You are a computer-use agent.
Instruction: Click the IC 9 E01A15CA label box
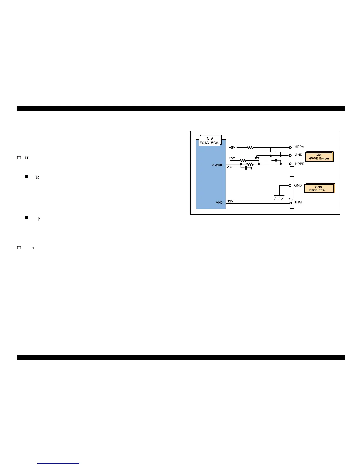pos(209,141)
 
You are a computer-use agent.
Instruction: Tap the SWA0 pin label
pos(217,165)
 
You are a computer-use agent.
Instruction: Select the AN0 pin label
pos(219,202)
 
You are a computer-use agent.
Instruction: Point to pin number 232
pos(230,167)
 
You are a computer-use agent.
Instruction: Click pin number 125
pos(230,201)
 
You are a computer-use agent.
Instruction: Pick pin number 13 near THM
pos(291,199)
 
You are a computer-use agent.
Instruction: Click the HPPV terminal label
pos(299,147)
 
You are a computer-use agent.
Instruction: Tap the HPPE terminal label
pos(300,164)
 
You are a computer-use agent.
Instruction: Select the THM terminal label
pos(298,202)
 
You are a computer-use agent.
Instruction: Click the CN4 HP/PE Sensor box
pos(319,157)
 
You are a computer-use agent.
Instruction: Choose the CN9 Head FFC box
pos(319,189)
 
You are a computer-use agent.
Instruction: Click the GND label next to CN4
pos(299,155)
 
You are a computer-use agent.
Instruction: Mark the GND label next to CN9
pos(298,185)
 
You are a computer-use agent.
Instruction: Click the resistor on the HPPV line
pos(250,147)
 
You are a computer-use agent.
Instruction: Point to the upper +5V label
pos(232,147)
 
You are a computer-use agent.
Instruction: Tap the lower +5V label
pos(232,158)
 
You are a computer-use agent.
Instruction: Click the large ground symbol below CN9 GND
pos(279,197)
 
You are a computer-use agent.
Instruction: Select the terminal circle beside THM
pos(291,203)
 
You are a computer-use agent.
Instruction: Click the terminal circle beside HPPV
pos(291,147)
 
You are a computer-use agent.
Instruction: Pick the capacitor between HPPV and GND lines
pos(276,152)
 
